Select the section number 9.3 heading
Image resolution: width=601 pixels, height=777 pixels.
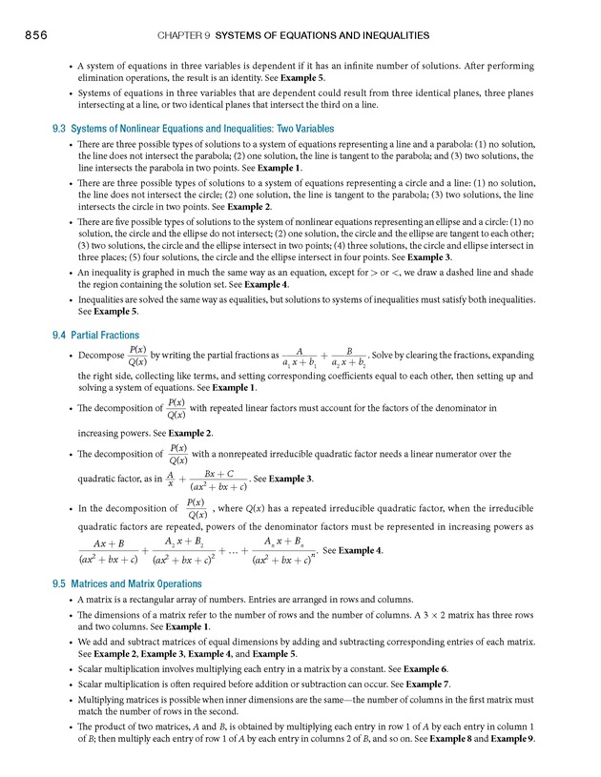click(x=60, y=129)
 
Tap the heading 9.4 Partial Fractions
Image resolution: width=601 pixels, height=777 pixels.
click(x=95, y=336)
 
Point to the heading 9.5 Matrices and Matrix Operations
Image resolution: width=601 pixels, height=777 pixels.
click(x=127, y=583)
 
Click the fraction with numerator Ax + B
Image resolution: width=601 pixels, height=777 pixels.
click(x=109, y=551)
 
